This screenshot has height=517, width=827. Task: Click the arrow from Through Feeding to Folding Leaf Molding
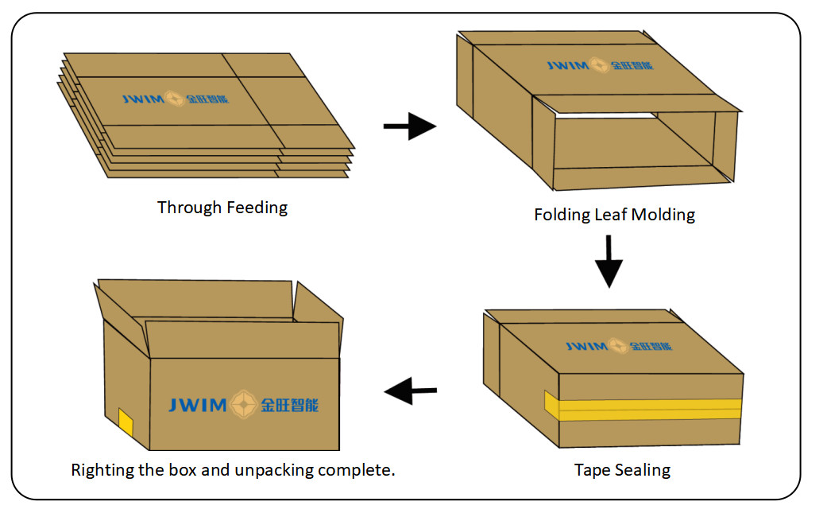pyautogui.click(x=410, y=126)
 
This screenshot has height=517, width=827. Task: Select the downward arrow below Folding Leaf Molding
pyautogui.click(x=609, y=260)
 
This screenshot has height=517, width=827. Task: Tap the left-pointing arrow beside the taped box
pyautogui.click(x=411, y=391)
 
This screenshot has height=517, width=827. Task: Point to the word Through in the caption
pyautogui.click(x=190, y=208)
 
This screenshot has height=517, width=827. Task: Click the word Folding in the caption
pyautogui.click(x=563, y=215)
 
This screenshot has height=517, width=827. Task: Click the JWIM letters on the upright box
pyautogui.click(x=199, y=405)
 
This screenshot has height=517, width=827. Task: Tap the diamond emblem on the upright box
pyautogui.click(x=243, y=405)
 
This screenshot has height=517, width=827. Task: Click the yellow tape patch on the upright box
pyautogui.click(x=126, y=422)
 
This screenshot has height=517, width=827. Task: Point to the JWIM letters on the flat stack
pyautogui.click(x=143, y=99)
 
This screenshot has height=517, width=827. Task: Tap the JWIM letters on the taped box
pyautogui.click(x=586, y=347)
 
